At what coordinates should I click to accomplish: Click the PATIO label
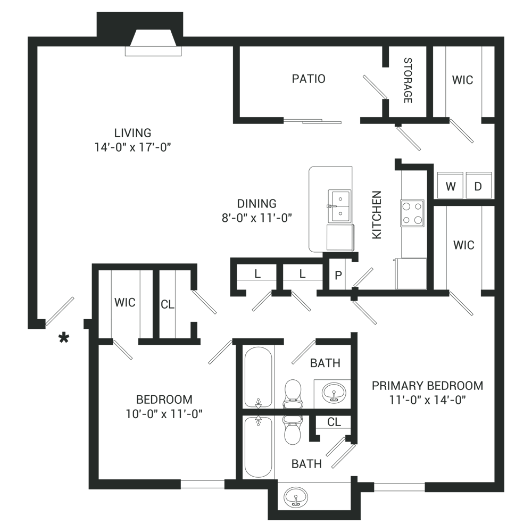click(309, 79)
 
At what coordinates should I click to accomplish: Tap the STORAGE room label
click(408, 80)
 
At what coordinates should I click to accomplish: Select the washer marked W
click(450, 185)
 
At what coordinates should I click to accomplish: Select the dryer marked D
click(478, 185)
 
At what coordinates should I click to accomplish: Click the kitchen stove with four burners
click(412, 213)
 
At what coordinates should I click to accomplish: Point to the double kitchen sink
click(339, 206)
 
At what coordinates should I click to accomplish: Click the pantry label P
click(338, 276)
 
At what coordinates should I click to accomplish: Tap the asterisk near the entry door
click(64, 338)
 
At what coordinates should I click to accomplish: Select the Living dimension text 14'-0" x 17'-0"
click(132, 147)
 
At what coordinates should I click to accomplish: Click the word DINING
click(256, 204)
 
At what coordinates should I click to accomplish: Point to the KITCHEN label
click(377, 215)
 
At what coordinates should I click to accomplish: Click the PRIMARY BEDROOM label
click(428, 386)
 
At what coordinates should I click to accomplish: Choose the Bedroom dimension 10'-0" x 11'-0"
click(164, 414)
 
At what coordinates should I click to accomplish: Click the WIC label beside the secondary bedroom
click(125, 302)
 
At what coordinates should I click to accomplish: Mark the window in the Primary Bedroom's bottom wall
click(400, 487)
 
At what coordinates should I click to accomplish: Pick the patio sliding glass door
click(312, 121)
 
